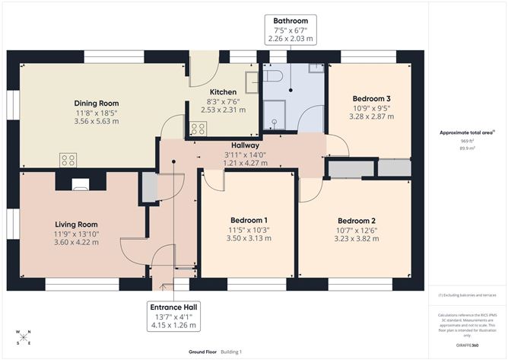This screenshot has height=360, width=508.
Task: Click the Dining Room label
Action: pos(97,103)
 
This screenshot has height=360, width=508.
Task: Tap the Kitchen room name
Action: pos(213,92)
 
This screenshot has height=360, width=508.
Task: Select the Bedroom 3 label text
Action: pos(371,98)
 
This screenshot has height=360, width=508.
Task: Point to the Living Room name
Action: pos(77,224)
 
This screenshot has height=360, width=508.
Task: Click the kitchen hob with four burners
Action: pos(198,129)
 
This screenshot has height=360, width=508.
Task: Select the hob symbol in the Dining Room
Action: pos(68,160)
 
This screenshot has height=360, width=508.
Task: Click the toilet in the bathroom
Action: pos(273,75)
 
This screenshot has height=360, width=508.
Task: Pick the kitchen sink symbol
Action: pos(252,81)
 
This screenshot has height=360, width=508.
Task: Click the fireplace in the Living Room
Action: pos(80,183)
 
